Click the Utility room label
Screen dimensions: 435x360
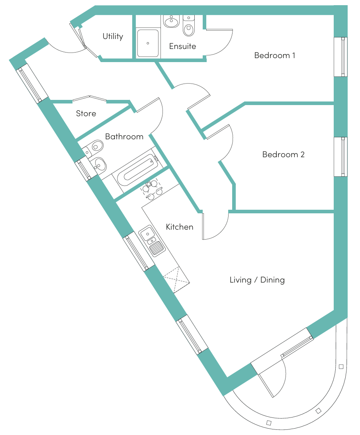point(113,36)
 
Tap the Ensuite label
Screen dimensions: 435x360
point(182,46)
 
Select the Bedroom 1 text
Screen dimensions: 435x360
point(275,55)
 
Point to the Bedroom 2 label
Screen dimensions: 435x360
point(283,154)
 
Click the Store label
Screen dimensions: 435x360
point(86,113)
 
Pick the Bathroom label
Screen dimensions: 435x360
point(124,137)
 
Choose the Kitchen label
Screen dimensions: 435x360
point(180,227)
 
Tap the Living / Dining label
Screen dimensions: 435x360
point(257,280)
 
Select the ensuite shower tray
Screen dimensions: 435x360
point(148,43)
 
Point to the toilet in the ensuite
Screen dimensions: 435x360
point(189,26)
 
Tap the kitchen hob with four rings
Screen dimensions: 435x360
point(152,189)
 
